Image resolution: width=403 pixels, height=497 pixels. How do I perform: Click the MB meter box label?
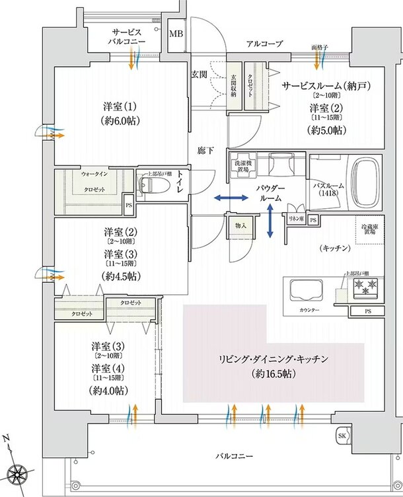[x=177, y=34]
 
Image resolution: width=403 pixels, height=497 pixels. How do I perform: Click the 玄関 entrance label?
[x=199, y=74]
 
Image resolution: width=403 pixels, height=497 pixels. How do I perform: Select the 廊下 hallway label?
[x=205, y=151]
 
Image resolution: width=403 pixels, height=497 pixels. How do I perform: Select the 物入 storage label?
[x=240, y=225]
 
